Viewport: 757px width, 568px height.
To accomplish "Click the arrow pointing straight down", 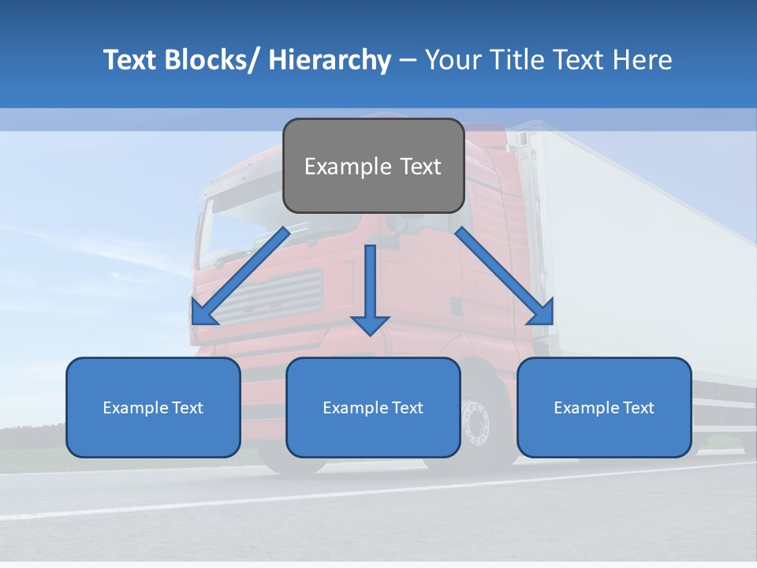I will pyautogui.click(x=370, y=292).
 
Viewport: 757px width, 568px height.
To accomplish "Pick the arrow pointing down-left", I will pyautogui.click(x=241, y=276).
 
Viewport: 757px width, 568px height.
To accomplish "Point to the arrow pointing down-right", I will pyautogui.click(x=505, y=276).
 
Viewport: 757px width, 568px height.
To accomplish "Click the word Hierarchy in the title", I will pyautogui.click(x=330, y=60).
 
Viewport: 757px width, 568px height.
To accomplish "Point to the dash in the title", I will pyautogui.click(x=408, y=60).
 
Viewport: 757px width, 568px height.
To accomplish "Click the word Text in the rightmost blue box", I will pyautogui.click(x=639, y=408).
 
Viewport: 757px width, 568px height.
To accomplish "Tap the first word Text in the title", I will pyautogui.click(x=130, y=60).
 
